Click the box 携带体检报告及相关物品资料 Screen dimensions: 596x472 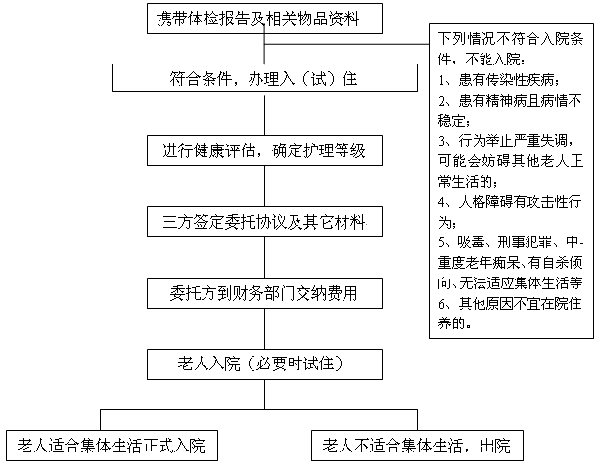click(x=264, y=19)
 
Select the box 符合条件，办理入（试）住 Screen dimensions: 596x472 click(x=264, y=78)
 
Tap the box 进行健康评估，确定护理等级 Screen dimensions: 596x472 click(x=264, y=150)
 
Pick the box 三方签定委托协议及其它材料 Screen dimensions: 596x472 click(x=264, y=222)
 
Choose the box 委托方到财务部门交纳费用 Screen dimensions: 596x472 click(x=264, y=293)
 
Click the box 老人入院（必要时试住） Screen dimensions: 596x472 click(x=264, y=365)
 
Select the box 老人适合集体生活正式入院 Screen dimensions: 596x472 click(x=112, y=446)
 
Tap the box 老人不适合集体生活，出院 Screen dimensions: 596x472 click(x=417, y=446)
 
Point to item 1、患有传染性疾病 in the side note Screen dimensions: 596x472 click(x=499, y=80)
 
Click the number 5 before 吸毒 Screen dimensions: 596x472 click(x=441, y=242)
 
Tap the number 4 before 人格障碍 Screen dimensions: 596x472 click(x=441, y=202)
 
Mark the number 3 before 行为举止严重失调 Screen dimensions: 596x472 click(x=441, y=141)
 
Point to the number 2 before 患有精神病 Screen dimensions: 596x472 click(x=441, y=101)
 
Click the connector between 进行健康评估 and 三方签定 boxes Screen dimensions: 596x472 click(x=264, y=187)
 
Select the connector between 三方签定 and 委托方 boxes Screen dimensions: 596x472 click(x=264, y=258)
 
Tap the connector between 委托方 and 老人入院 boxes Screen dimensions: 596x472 click(x=264, y=329)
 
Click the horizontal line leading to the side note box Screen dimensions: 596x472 click(x=346, y=44)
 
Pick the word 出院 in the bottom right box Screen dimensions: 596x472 click(x=495, y=446)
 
